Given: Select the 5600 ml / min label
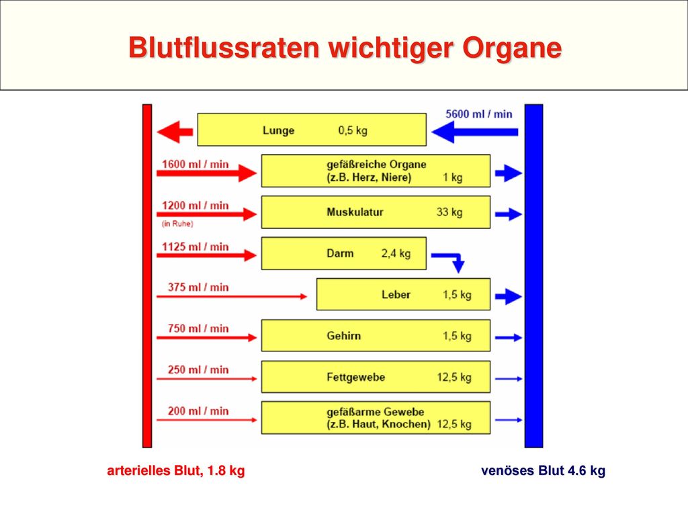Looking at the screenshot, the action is point(478,114).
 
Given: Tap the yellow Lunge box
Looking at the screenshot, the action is point(312,130).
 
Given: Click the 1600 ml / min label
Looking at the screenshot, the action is point(196,164).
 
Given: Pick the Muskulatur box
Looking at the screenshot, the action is point(376,212).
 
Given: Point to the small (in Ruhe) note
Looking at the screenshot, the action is point(177,224).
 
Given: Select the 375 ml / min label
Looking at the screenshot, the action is point(198,288).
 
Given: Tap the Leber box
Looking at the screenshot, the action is point(403,294).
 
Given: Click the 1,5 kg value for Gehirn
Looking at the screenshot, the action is point(457,336).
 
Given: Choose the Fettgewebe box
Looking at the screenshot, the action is point(376,377).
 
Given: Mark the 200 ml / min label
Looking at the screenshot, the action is point(198,411).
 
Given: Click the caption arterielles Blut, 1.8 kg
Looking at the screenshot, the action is point(176,470).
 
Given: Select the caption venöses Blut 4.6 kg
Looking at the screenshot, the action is point(543,470).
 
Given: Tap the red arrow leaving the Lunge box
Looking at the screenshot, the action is point(175,132).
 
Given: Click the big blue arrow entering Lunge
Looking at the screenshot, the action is point(475,132).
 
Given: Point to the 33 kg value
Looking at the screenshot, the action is point(449,212).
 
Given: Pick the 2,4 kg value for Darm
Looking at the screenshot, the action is point(396,253).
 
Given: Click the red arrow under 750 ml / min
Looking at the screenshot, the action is point(207,337).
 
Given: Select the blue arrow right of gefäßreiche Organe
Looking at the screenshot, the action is point(509,173).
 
